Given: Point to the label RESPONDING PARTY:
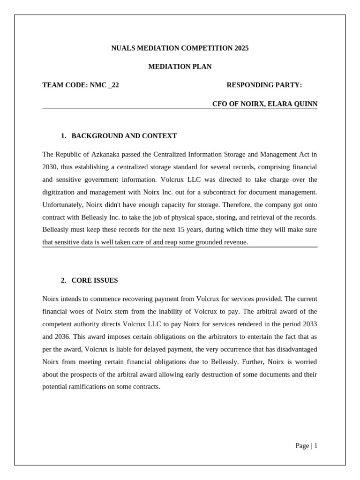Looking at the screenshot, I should [264, 85].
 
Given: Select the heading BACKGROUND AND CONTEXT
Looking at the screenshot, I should [124, 136].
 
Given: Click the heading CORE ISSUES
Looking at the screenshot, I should [95, 280].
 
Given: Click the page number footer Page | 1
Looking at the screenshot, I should [306, 446].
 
